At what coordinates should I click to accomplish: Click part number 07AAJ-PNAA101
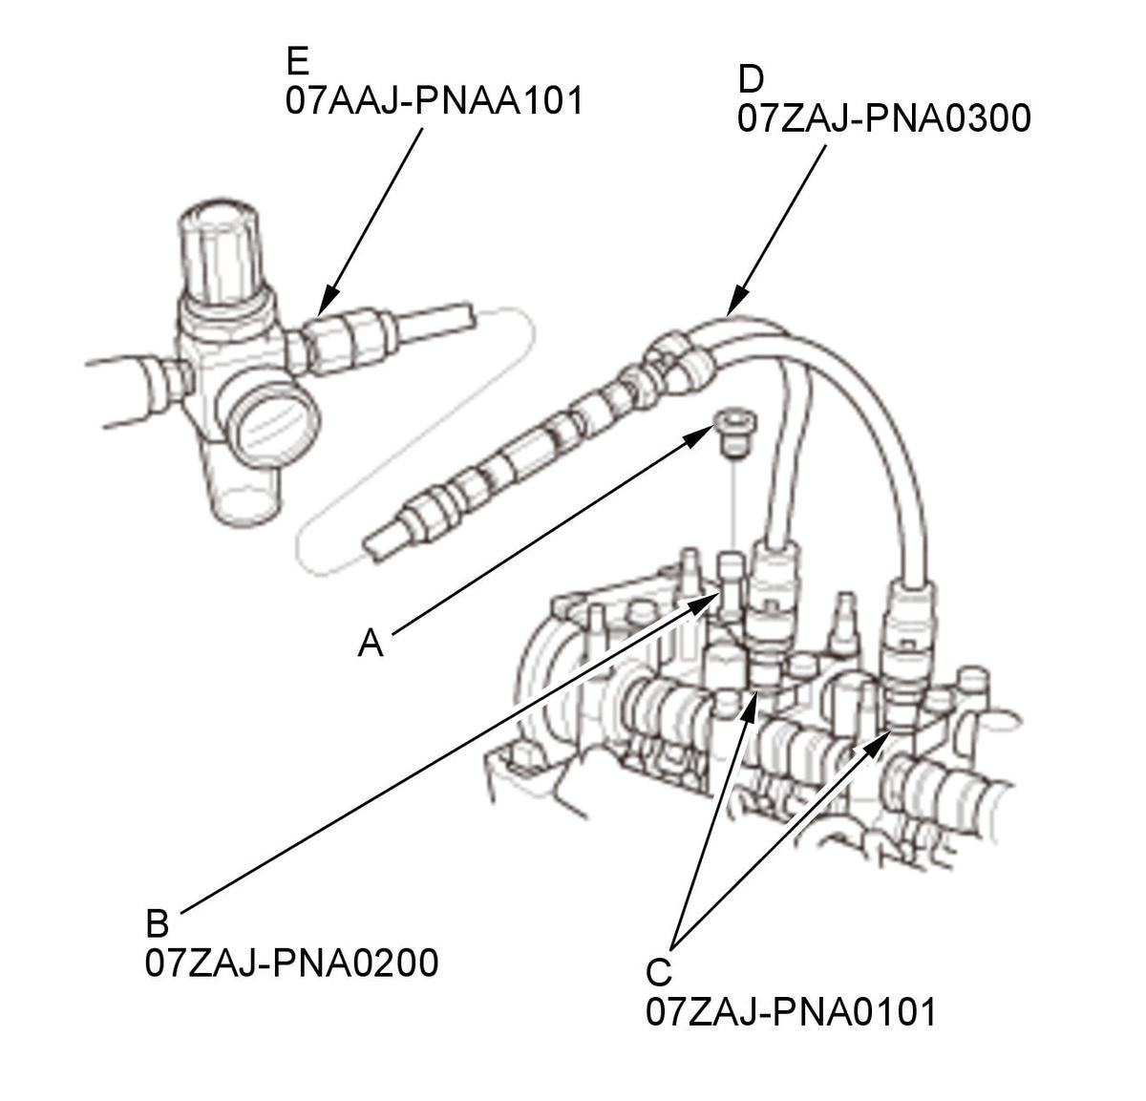coord(434,100)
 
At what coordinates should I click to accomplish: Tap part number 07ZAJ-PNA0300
coord(883,118)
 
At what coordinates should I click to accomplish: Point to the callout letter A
coord(371,644)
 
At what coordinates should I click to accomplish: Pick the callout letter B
coord(158,923)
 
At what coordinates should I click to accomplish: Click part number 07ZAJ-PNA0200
coord(292,963)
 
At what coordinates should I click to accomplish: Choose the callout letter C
coord(659,972)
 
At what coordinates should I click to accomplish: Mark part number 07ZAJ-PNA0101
coord(792,1012)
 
